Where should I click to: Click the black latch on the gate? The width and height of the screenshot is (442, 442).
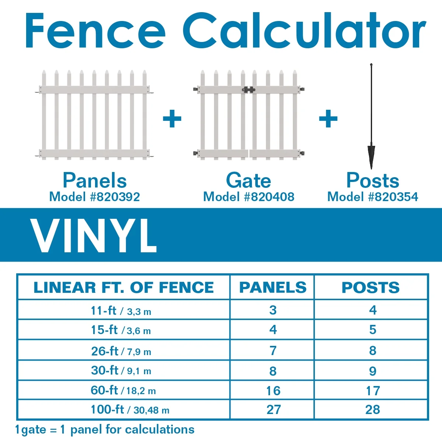tap(249, 90)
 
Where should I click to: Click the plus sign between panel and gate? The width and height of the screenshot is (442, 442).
tap(172, 119)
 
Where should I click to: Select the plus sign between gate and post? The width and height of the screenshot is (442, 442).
tap(328, 119)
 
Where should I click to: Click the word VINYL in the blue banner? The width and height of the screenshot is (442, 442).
tap(94, 235)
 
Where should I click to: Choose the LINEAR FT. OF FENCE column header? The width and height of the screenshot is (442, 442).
tap(123, 288)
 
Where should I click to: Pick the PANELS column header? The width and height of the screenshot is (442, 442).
tap(273, 288)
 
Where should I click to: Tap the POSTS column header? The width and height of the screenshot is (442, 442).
tap(371, 288)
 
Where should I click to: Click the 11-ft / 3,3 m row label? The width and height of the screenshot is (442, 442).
tap(121, 311)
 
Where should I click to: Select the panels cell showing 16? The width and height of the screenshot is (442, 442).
tap(273, 390)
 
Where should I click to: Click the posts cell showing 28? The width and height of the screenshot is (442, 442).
tap(372, 410)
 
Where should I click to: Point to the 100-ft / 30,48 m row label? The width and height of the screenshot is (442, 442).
tap(130, 410)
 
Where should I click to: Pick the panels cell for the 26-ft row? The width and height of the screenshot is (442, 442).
tap(273, 351)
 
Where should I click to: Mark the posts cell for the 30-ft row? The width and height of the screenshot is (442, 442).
tap(372, 371)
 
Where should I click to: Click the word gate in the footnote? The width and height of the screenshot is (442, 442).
tap(33, 430)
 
